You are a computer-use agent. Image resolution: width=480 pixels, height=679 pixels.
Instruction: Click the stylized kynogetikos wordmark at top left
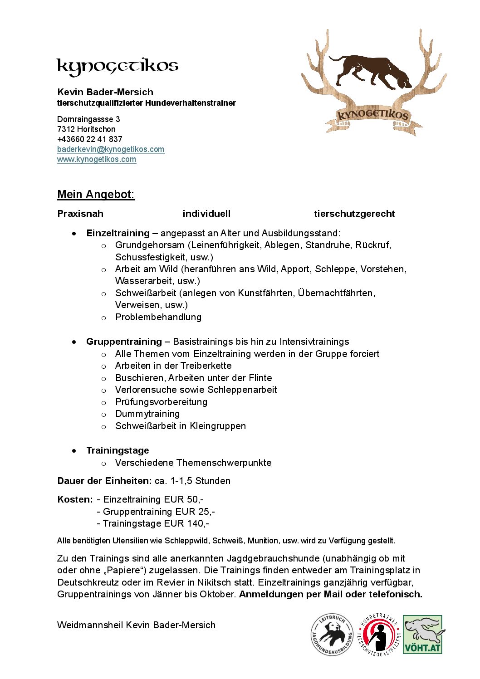[118, 67]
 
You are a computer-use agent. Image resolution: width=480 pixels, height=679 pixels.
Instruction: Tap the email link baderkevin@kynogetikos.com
[111, 149]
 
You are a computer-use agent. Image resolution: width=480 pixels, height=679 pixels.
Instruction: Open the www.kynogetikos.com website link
[97, 159]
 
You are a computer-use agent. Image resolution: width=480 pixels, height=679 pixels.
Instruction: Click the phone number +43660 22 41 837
[90, 139]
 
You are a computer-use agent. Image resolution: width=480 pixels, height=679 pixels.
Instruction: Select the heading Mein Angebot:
[96, 195]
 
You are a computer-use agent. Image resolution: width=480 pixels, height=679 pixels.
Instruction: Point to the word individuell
[206, 214]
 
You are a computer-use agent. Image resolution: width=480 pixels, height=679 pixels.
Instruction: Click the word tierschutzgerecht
[354, 214]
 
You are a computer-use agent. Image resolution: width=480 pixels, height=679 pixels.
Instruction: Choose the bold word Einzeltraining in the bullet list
[118, 233]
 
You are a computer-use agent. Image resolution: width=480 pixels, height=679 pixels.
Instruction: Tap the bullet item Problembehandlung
[158, 317]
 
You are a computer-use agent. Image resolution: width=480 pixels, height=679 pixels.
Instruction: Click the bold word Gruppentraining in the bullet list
[124, 342]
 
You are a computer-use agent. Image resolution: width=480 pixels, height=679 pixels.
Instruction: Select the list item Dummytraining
[147, 414]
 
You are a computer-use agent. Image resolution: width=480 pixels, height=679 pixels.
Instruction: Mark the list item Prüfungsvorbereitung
[161, 402]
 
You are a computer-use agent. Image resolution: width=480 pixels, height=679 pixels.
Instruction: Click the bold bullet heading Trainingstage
[118, 450]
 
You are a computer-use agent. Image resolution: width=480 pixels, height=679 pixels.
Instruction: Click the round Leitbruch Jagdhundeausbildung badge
[332, 635]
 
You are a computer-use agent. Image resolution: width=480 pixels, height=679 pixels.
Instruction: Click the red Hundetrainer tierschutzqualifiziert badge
[379, 635]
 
